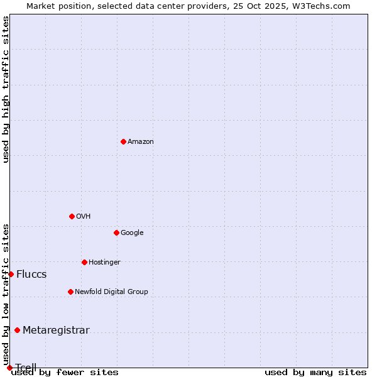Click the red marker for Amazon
pyautogui.click(x=123, y=141)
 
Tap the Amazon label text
pyautogui.click(x=141, y=142)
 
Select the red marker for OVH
pyautogui.click(x=72, y=216)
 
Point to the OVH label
pyautogui.click(x=84, y=217)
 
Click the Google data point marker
pyautogui.click(x=116, y=232)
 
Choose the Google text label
pyautogui.click(x=132, y=233)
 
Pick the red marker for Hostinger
pyautogui.click(x=84, y=262)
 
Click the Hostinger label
pyautogui.click(x=104, y=263)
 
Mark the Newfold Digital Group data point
pyautogui.click(x=70, y=292)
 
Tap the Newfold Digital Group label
pyautogui.click(x=111, y=292)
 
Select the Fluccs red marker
pyautogui.click(x=11, y=274)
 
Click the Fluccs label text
pyautogui.click(x=31, y=275)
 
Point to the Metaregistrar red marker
pyautogui.click(x=17, y=330)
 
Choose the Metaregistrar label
pyautogui.click(x=56, y=331)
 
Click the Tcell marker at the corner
pyautogui.click(x=9, y=368)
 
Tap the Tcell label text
pyautogui.click(x=26, y=367)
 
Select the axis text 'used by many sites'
pyautogui.click(x=315, y=373)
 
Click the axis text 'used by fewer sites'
pyautogui.click(x=65, y=373)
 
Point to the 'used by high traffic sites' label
pyautogui.click(x=6, y=89)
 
